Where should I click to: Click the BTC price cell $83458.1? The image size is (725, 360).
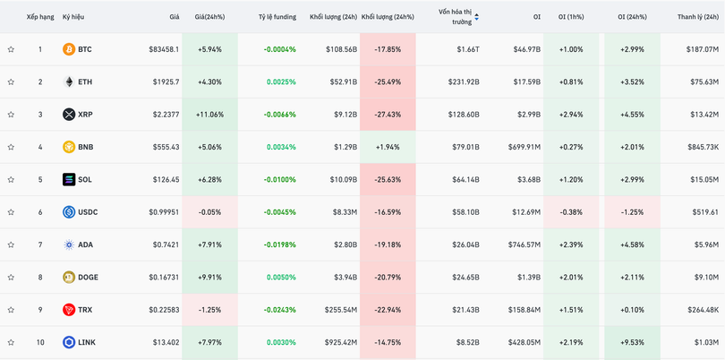point(163,49)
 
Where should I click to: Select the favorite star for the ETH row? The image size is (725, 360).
point(11,82)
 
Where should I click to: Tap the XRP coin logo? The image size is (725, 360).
point(69,115)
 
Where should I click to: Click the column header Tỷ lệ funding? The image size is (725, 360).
point(277,17)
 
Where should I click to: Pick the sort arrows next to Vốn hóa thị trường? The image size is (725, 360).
point(476,17)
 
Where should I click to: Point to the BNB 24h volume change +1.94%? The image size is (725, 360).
point(388,147)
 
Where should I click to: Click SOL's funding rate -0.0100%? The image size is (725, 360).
point(279,180)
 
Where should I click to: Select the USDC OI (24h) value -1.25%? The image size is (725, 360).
point(632,212)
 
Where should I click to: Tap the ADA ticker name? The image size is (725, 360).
point(85,244)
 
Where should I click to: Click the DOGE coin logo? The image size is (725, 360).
point(69,278)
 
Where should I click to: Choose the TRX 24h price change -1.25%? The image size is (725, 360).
point(209,310)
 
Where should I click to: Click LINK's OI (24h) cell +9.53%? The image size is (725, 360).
point(632,342)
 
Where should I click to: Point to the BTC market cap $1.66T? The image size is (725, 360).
point(467,49)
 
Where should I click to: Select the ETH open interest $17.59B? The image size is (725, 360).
point(525,82)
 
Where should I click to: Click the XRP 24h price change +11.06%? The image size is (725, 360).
point(209,115)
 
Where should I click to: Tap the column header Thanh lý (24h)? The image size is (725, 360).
point(697,17)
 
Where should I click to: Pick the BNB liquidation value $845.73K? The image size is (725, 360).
point(703,147)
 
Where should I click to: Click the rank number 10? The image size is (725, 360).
point(40,342)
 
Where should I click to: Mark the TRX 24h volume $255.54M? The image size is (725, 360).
point(338,310)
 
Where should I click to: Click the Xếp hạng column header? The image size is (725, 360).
point(40,17)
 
